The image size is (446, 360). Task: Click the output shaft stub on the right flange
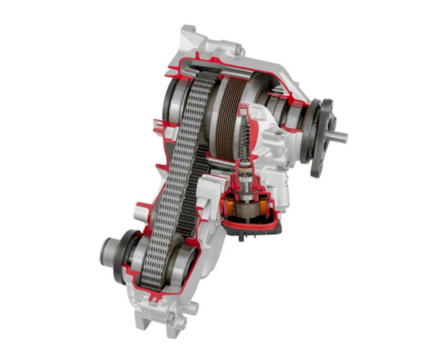point(339,137)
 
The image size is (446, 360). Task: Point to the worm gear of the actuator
point(245,135)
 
